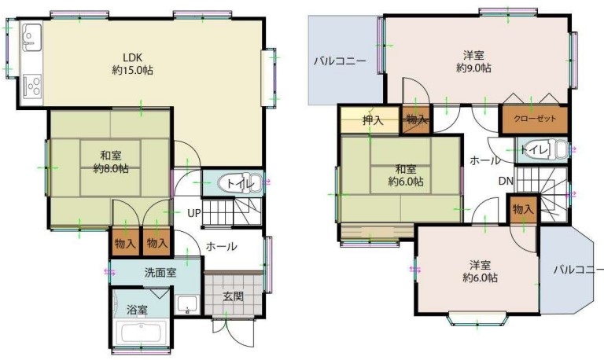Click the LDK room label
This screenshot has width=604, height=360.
coord(133,57)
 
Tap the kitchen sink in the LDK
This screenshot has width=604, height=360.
coord(31,38)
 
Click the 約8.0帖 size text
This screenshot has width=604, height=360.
coord(111,169)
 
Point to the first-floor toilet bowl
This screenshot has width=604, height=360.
coord(239,184)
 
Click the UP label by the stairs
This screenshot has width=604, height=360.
coord(194,212)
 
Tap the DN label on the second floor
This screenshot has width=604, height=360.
coord(506,181)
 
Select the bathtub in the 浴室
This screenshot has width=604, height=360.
coord(141,333)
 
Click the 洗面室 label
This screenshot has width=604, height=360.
coord(160,273)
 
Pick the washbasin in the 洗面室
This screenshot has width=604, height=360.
coord(187,305)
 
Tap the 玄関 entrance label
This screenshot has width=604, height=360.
coord(234,296)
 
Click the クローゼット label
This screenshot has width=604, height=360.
coord(535,119)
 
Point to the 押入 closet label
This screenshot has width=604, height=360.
coord(373,120)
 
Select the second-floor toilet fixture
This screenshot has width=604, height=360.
coord(550,150)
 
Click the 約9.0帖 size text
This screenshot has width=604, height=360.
coord(473,68)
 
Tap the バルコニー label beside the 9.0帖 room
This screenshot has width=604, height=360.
coord(340,61)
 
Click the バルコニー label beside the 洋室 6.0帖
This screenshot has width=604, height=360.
coord(578,270)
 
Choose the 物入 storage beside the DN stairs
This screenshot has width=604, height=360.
coord(523,209)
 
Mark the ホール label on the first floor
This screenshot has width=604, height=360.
coord(221,246)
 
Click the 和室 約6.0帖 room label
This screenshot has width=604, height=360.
coord(406,174)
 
